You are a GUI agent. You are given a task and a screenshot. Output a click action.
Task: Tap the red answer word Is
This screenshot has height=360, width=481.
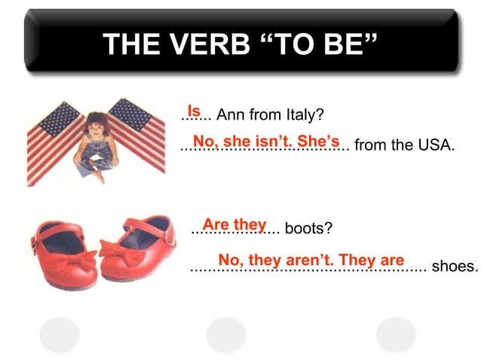(194, 110)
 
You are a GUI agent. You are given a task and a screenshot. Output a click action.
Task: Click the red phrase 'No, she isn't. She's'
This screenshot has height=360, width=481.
(266, 141)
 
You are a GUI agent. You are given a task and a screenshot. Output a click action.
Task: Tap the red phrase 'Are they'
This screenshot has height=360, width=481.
(234, 224)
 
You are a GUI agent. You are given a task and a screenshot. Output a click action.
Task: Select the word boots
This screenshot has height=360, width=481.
(308, 228)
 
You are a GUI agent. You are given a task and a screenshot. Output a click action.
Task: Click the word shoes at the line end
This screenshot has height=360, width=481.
(455, 266)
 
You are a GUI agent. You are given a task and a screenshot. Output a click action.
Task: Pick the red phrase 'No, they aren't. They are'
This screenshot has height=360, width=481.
(311, 261)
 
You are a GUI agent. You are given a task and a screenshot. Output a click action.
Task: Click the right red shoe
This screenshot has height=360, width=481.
(139, 245)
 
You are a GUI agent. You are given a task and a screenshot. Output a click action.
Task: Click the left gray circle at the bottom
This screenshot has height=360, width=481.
(60, 334)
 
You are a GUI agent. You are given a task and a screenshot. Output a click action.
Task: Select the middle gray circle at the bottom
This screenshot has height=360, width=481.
(226, 334)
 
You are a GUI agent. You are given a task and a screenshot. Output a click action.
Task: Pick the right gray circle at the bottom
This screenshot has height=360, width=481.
(396, 334)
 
